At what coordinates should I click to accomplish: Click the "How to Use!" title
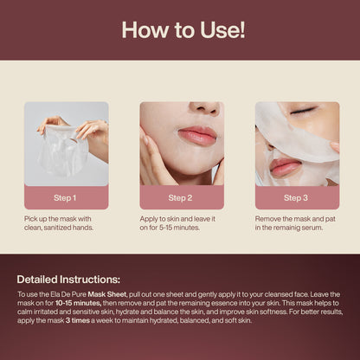180,30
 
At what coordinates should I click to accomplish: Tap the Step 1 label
67,197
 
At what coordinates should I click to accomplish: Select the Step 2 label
181,197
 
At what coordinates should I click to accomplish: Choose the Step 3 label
297,197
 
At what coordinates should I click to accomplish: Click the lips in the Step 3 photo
284,166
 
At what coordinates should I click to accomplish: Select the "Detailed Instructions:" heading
69,280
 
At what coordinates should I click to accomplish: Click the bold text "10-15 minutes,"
74,304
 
